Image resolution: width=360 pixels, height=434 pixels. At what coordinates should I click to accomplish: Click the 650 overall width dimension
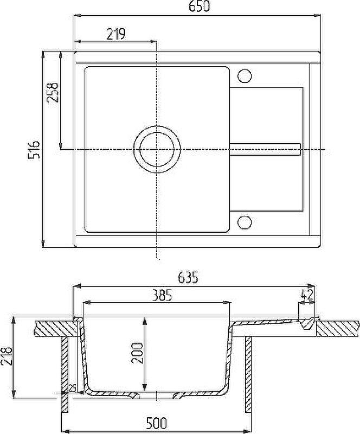tap(199, 6)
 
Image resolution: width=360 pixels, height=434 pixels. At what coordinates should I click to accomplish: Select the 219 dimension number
tap(116, 34)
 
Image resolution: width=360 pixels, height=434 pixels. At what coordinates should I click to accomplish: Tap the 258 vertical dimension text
tap(53, 92)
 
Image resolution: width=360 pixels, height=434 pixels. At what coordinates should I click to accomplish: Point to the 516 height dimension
tap(34, 150)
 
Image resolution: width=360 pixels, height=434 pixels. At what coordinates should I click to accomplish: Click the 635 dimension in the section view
tap(188, 278)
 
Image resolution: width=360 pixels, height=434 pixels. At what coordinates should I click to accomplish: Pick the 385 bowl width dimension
tap(162, 296)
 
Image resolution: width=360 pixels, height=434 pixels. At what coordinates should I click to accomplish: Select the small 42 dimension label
tap(306, 294)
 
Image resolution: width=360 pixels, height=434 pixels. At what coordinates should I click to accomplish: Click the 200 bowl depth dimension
tap(137, 353)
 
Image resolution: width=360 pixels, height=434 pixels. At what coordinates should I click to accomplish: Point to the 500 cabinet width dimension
tap(157, 423)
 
